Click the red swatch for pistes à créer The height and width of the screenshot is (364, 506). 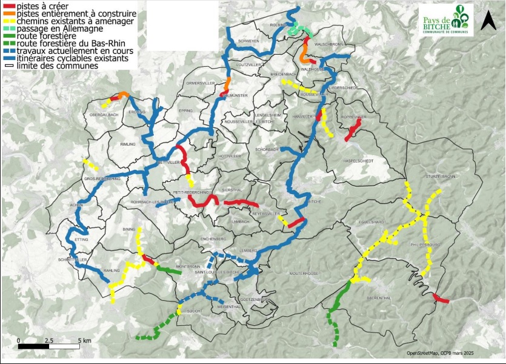9,5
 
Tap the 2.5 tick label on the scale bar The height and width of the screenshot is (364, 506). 50,340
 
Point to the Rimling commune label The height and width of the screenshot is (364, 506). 128,144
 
